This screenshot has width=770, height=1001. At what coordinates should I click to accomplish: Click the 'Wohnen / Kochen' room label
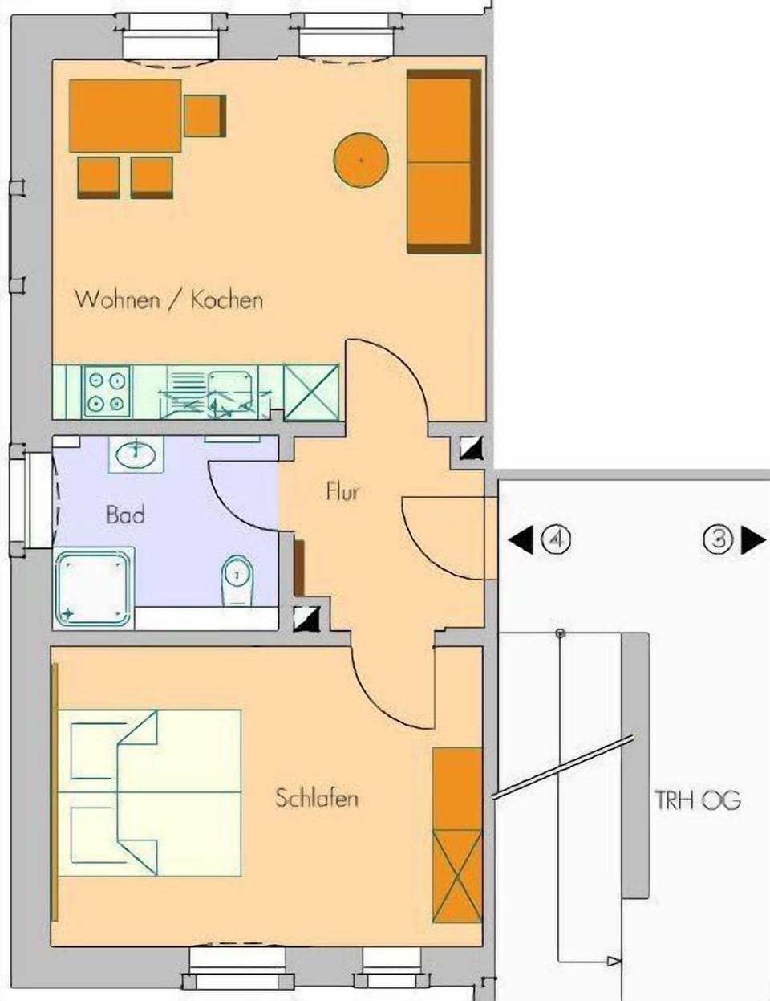(x=168, y=300)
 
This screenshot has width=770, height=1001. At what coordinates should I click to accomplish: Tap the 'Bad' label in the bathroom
(x=125, y=515)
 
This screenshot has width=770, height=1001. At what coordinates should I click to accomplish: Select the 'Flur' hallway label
(x=342, y=490)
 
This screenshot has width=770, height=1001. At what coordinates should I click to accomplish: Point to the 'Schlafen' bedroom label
(x=316, y=798)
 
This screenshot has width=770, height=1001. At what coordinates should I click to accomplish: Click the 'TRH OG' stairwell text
(x=697, y=800)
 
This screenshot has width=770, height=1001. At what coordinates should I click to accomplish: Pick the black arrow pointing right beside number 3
(x=752, y=540)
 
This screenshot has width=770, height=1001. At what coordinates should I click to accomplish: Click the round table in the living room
(x=361, y=161)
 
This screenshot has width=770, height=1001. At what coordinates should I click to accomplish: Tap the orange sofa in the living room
(x=444, y=161)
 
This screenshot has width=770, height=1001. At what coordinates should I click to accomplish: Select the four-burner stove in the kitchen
(x=107, y=391)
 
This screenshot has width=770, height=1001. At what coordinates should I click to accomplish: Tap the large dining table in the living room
(x=125, y=116)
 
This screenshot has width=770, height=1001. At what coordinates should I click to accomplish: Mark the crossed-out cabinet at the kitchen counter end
(x=311, y=392)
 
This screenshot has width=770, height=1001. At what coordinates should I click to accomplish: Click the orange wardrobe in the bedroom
(x=456, y=835)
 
